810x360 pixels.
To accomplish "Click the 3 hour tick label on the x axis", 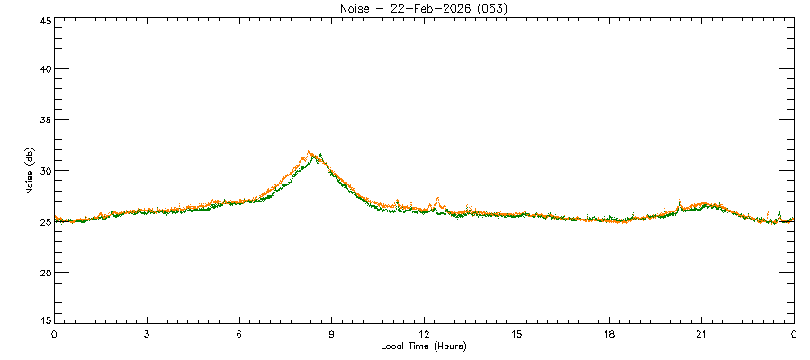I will pyautogui.click(x=147, y=334).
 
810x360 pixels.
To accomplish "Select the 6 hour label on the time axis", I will pyautogui.click(x=239, y=334).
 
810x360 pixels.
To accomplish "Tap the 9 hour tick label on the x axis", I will pyautogui.click(x=332, y=334).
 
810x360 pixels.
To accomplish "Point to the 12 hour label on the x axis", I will pyautogui.click(x=424, y=334).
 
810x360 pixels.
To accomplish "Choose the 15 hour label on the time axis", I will pyautogui.click(x=517, y=334).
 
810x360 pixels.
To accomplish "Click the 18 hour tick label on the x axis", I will pyautogui.click(x=609, y=334).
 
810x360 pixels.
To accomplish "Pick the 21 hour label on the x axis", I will pyautogui.click(x=701, y=334).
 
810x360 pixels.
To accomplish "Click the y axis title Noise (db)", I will pyautogui.click(x=31, y=171).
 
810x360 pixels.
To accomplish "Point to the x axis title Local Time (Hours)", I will pyautogui.click(x=423, y=346).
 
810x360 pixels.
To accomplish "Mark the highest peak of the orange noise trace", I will pyautogui.click(x=309, y=152).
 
